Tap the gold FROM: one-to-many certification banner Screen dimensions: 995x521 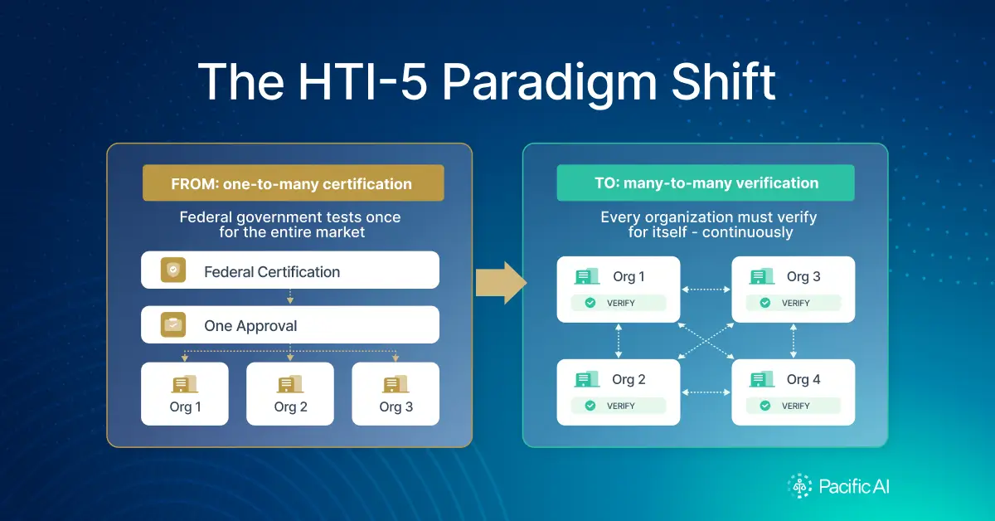294,183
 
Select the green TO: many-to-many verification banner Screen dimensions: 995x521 706,183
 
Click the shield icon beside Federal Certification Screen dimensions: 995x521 173,270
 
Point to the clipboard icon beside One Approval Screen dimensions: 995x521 173,325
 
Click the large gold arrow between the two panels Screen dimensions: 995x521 501,283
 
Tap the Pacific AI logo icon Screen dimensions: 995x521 800,486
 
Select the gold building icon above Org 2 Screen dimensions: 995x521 290,384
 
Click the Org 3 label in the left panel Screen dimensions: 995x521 396,407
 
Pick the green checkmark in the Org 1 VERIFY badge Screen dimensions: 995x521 590,303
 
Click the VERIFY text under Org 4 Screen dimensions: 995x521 795,406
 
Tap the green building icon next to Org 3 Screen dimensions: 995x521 762,276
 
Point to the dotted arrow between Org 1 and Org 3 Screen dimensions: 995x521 706,290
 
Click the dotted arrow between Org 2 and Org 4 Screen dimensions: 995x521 706,392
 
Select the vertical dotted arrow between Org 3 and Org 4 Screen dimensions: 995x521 794,341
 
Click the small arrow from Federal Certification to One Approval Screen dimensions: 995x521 290,296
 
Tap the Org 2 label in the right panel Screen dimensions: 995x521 629,379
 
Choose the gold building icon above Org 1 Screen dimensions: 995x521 185,384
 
